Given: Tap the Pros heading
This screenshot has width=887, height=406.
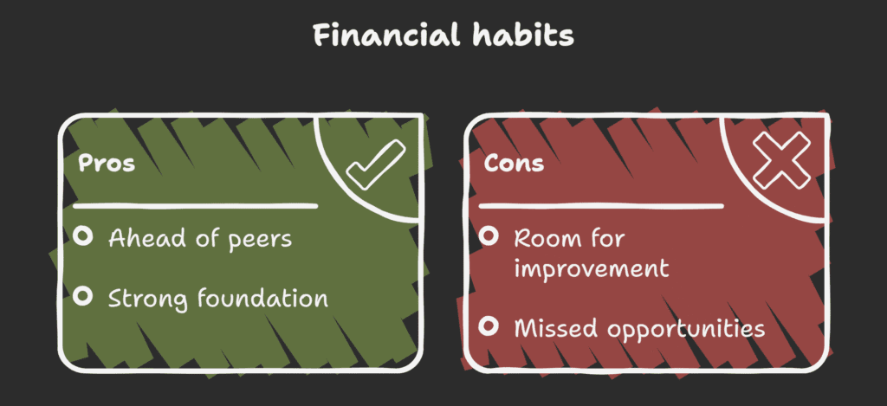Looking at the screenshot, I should point(107,164).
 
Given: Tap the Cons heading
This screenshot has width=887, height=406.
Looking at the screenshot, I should point(514,164).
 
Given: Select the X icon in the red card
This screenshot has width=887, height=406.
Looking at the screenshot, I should point(780,162).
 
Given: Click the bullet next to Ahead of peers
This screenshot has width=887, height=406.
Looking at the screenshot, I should point(83,236).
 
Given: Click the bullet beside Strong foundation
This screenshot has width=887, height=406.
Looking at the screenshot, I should point(83,297).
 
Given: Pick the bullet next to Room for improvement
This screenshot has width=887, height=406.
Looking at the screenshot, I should point(489,236).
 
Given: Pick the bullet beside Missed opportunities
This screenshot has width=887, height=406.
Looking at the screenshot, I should point(489,326).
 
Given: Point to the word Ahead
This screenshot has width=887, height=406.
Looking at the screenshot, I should point(139,238).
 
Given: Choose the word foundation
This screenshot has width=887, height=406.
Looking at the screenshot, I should point(263,299).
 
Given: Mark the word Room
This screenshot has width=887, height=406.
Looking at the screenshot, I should point(544,238).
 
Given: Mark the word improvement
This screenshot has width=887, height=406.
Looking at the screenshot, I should point(591,268).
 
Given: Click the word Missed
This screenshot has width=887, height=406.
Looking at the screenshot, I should point(552,328).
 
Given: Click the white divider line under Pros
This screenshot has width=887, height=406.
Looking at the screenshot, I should point(195,206).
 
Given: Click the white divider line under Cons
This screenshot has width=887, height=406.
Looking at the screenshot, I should point(601,206).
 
